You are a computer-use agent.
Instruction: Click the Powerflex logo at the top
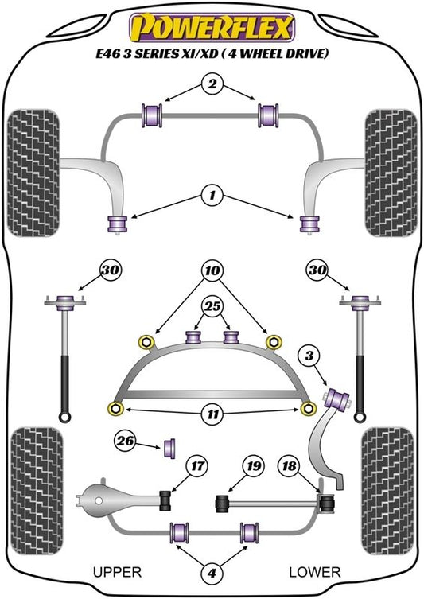(x=212, y=28)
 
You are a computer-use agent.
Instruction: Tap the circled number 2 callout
(x=212, y=84)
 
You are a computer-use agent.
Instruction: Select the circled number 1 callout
(x=212, y=196)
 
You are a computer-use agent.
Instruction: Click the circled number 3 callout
(x=309, y=356)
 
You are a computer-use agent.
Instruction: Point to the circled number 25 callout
(x=212, y=306)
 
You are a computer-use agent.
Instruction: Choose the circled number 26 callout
(x=125, y=441)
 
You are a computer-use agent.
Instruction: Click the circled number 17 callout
(x=197, y=466)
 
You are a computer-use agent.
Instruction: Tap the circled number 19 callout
(x=254, y=466)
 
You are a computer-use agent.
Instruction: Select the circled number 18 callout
(x=289, y=466)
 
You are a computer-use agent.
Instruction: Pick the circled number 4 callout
(x=212, y=573)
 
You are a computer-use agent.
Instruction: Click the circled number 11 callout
(x=212, y=414)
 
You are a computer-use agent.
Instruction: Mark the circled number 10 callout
(x=212, y=270)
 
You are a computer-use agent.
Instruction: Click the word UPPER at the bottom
(x=117, y=572)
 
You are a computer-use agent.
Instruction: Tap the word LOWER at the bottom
(x=315, y=572)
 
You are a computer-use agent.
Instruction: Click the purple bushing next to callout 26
(x=169, y=449)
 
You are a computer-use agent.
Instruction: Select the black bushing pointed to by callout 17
(x=165, y=500)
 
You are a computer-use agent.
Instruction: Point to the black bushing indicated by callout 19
(x=222, y=504)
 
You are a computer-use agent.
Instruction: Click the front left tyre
(x=33, y=173)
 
